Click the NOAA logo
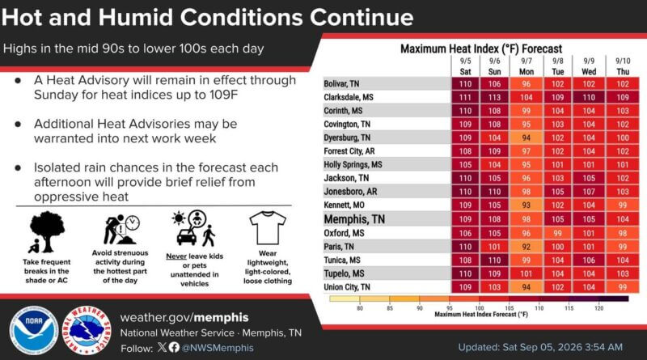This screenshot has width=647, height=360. [x=34, y=331]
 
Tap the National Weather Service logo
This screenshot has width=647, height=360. [x=87, y=331]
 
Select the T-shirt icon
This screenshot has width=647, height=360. [x=268, y=228]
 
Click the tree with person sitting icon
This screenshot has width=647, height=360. [x=47, y=232]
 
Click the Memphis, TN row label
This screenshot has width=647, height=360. [x=354, y=219]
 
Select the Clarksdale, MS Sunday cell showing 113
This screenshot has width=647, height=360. [x=494, y=97]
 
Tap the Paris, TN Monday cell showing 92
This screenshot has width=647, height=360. [x=526, y=247]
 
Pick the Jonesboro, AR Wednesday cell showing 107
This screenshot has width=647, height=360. [x=589, y=192]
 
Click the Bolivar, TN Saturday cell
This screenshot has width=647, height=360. [x=465, y=84]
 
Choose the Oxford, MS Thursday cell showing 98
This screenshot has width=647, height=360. [x=623, y=233]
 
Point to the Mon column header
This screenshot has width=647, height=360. [x=526, y=72]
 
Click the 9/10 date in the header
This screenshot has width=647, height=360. [x=623, y=61]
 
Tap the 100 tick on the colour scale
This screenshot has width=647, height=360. [x=479, y=308]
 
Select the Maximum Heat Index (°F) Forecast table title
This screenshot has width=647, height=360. [x=481, y=49]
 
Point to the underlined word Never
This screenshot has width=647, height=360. [x=176, y=256]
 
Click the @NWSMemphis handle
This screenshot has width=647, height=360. [x=218, y=348]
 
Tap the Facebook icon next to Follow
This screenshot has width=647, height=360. [x=174, y=347]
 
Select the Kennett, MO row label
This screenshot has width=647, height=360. [x=345, y=205]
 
